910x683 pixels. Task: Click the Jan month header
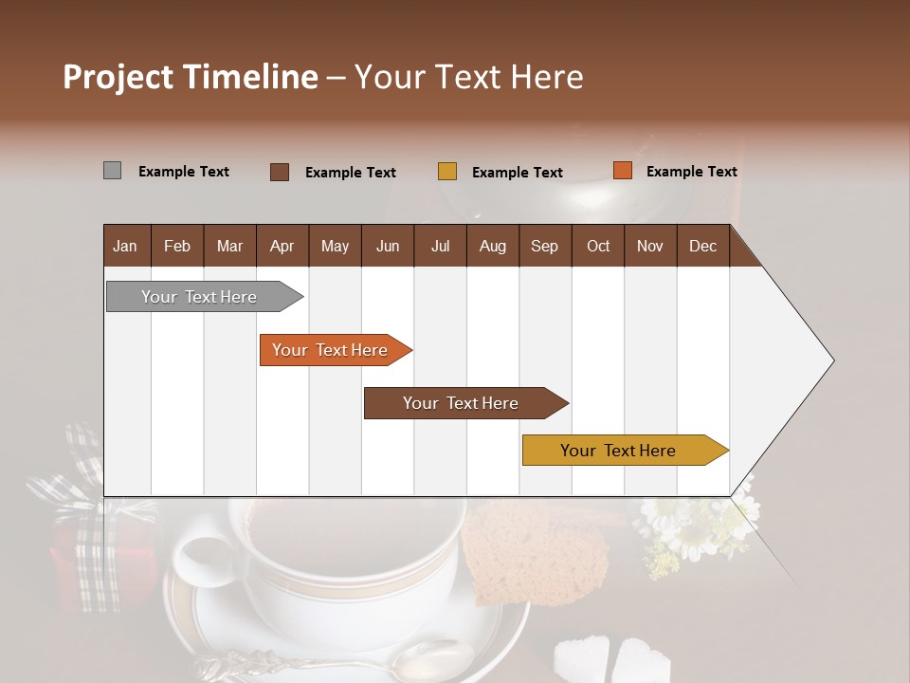tap(125, 247)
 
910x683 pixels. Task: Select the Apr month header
tap(282, 247)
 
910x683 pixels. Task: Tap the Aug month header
tap(492, 247)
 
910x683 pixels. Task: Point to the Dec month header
tap(702, 247)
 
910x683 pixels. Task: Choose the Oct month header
tap(598, 247)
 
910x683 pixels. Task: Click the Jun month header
tap(388, 247)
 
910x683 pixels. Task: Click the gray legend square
tap(112, 171)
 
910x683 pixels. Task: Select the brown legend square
tap(280, 172)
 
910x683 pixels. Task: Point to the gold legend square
tap(447, 172)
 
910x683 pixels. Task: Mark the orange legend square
tap(622, 171)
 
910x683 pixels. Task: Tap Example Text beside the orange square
tap(691, 172)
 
